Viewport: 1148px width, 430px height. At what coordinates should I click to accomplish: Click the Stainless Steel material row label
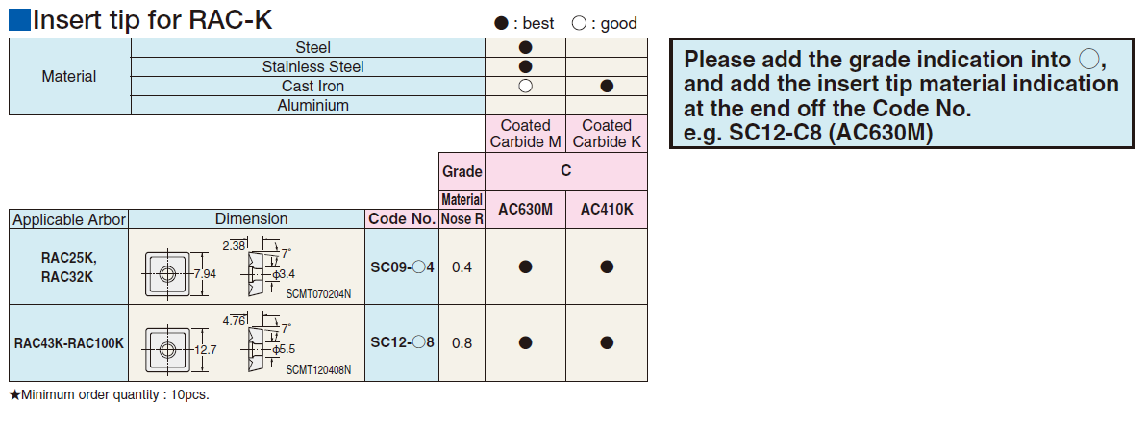pyautogui.click(x=307, y=67)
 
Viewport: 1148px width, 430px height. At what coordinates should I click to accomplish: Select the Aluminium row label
pyautogui.click(x=307, y=106)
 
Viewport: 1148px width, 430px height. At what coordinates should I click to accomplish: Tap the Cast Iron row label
pyautogui.click(x=307, y=87)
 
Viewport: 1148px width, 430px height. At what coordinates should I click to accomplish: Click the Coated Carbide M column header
pyautogui.click(x=526, y=134)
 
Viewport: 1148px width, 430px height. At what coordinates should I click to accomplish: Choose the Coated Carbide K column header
pyautogui.click(x=607, y=134)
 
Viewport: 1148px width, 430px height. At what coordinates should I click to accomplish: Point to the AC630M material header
pyautogui.click(x=526, y=209)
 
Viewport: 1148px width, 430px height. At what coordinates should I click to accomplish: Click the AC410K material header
pyautogui.click(x=607, y=209)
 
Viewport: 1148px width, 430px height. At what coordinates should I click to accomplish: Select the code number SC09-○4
pyautogui.click(x=402, y=266)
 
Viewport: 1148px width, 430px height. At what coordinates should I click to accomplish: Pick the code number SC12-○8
pyautogui.click(x=402, y=341)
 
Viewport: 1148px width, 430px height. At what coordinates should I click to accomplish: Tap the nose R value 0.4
pyautogui.click(x=462, y=266)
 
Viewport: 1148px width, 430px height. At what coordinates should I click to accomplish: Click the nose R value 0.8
pyautogui.click(x=462, y=341)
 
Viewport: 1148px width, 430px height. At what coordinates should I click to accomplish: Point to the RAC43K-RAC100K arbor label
pyautogui.click(x=69, y=342)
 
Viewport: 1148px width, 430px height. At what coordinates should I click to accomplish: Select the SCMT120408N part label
pyautogui.click(x=318, y=369)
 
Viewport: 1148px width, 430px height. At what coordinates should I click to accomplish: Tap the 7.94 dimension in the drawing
pyautogui.click(x=206, y=274)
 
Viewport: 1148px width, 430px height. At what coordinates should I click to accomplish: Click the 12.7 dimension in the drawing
pyautogui.click(x=205, y=349)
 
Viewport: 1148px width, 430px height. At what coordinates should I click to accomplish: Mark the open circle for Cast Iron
pyautogui.click(x=525, y=87)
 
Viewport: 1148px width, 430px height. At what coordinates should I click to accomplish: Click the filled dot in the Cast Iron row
pyautogui.click(x=607, y=87)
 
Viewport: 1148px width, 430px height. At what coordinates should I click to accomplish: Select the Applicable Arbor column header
pyautogui.click(x=69, y=219)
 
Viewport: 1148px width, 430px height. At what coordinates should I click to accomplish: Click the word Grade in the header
pyautogui.click(x=462, y=172)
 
